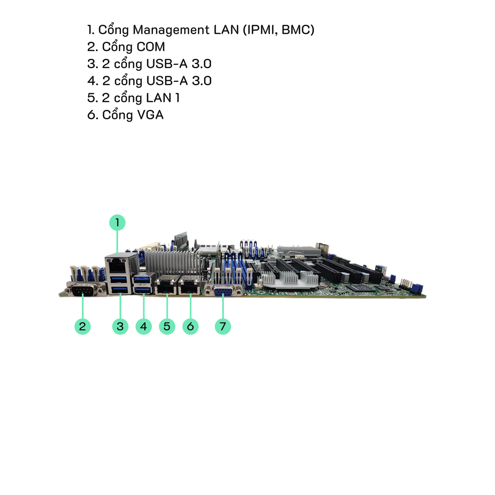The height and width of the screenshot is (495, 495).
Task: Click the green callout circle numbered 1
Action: pyautogui.click(x=117, y=222)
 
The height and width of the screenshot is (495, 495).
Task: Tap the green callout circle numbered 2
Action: pyautogui.click(x=82, y=326)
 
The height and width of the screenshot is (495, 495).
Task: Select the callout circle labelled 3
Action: pyautogui.click(x=120, y=326)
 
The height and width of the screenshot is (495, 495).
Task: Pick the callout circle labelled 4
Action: pyautogui.click(x=144, y=326)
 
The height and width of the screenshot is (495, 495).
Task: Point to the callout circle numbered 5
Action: pyautogui.click(x=167, y=326)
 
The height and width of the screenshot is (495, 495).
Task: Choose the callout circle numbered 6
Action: pyautogui.click(x=190, y=326)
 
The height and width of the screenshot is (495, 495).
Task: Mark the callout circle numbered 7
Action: pyautogui.click(x=223, y=326)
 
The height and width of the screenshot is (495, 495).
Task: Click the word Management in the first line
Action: pyautogui.click(x=171, y=30)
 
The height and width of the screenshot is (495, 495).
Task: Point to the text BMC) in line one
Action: pyautogui.click(x=298, y=30)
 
